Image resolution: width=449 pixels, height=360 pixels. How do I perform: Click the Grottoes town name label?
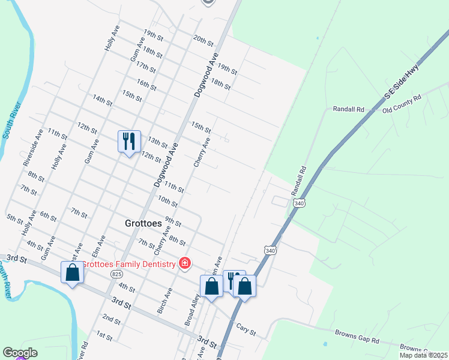[144, 222]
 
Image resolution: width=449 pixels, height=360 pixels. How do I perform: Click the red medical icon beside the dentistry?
[185, 263]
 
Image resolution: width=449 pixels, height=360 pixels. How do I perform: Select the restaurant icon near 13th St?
[129, 142]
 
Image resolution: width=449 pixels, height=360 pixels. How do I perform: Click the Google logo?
[20, 353]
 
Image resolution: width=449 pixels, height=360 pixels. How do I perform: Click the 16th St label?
[146, 85]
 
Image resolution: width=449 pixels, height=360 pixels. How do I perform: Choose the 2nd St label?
[111, 317]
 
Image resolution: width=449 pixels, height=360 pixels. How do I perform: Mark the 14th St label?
[103, 100]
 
